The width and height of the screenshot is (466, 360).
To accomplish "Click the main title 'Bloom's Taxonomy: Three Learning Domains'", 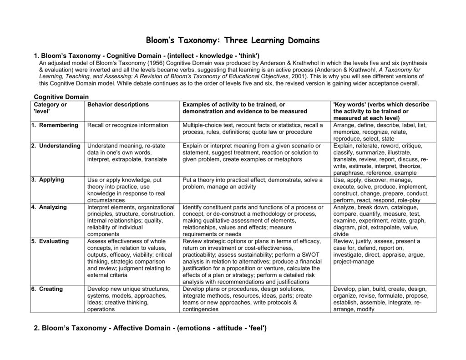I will click(x=233, y=41).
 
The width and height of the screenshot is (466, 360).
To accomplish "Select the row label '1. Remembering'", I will click(x=55, y=125).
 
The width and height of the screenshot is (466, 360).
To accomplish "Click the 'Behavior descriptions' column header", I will click(x=118, y=105).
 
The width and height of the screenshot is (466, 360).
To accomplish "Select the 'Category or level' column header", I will click(x=50, y=108).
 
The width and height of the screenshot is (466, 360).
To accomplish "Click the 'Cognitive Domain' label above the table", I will click(x=61, y=97).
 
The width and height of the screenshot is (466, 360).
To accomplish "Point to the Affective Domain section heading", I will click(x=150, y=328).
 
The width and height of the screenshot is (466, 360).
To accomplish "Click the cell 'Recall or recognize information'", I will click(x=128, y=125).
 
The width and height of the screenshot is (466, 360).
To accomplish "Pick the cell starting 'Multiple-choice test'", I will click(x=253, y=128).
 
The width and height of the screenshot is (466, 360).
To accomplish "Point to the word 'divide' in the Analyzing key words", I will click(x=341, y=234).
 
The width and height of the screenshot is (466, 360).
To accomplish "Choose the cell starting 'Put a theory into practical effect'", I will click(x=253, y=183).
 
